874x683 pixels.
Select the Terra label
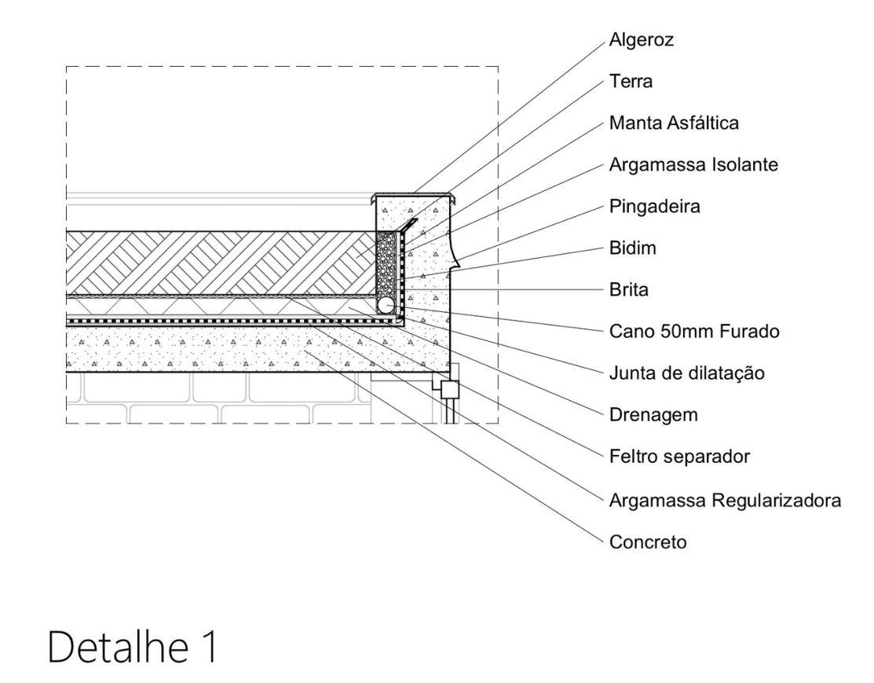(629, 81)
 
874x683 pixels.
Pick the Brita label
(627, 289)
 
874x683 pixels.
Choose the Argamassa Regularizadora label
(726, 498)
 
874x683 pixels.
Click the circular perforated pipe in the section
(386, 304)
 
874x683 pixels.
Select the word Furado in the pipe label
(749, 331)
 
